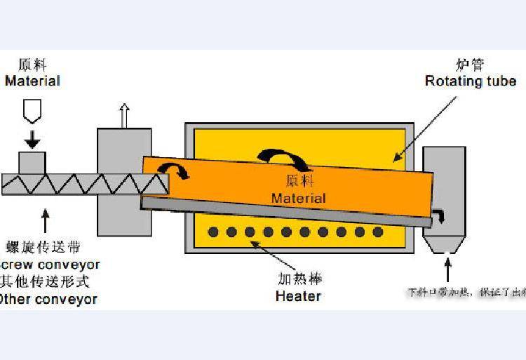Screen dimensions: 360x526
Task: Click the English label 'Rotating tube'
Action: pos(471,81)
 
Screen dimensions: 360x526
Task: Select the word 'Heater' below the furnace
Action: pos(298,295)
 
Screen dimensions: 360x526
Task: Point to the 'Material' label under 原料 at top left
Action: pos(32,81)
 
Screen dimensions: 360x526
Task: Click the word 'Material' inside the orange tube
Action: pos(299,198)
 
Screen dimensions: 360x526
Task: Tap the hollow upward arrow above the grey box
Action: pos(124,115)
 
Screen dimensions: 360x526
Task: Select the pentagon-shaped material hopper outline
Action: pos(32,110)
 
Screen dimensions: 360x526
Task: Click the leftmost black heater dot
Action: pos(213,232)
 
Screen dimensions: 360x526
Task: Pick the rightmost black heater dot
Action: pos(378,232)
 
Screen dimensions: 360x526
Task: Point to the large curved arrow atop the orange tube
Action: pos(285,157)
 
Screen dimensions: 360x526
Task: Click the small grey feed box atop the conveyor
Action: pos(32,162)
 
